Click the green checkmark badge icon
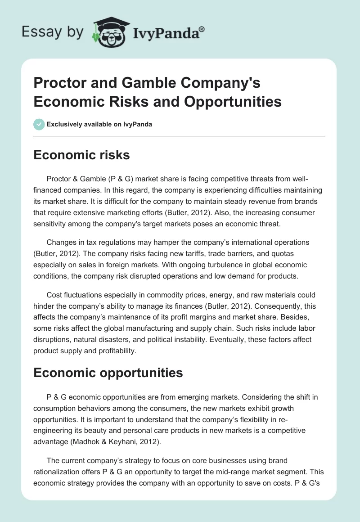[x=39, y=124]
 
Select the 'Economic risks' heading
[x=81, y=155]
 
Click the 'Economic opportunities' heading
[x=108, y=373]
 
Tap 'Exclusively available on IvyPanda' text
[x=99, y=124]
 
